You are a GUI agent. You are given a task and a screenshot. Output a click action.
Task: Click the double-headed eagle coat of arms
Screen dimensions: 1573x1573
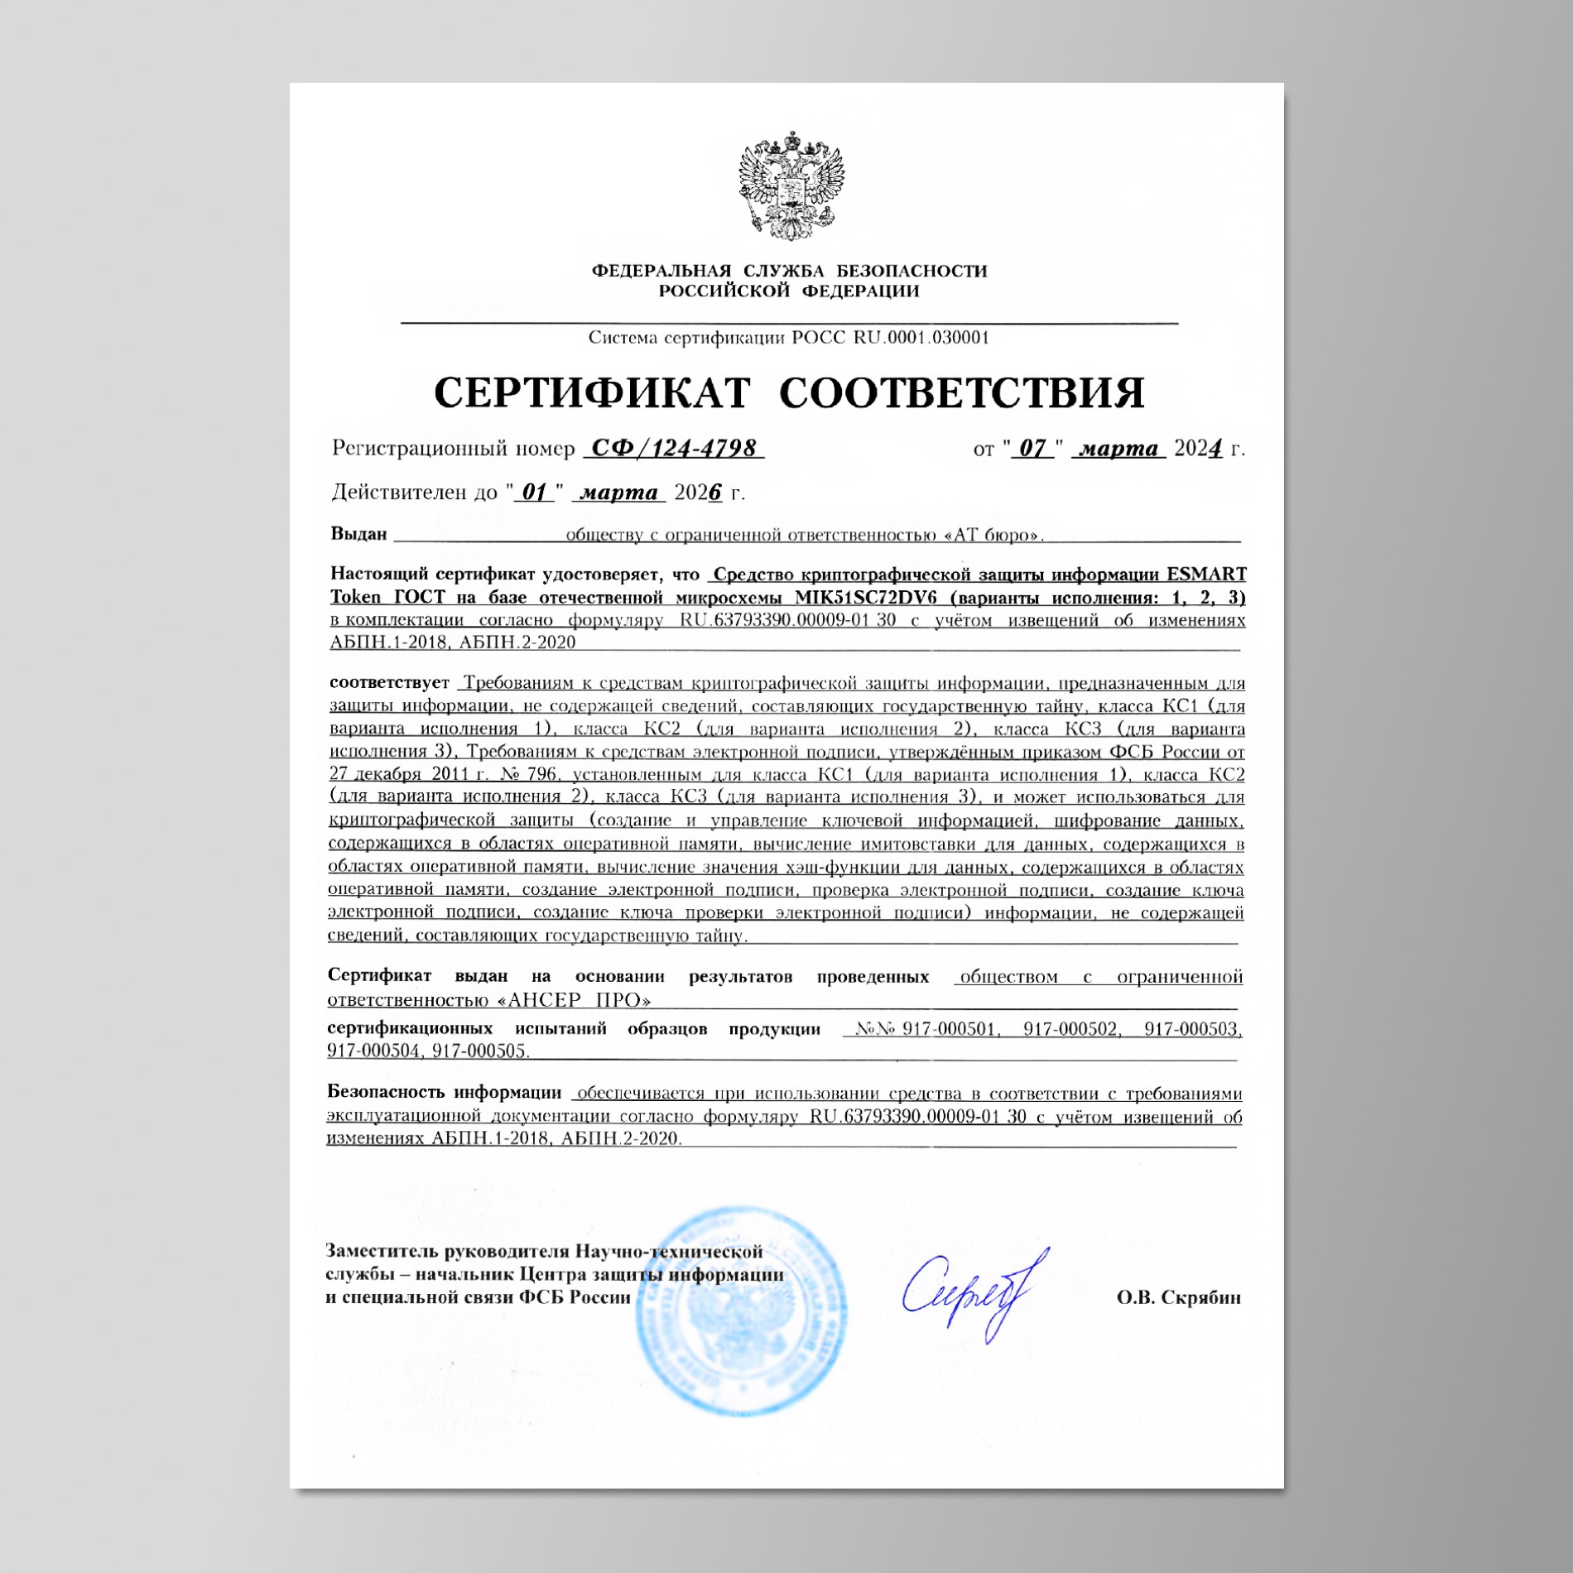tap(787, 185)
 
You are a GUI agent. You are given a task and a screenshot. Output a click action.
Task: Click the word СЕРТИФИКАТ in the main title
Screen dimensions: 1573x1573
tap(592, 392)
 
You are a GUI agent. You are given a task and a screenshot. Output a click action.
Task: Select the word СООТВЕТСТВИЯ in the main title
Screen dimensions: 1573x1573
tap(962, 392)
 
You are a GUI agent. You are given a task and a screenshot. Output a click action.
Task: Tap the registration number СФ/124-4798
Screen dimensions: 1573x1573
tap(673, 448)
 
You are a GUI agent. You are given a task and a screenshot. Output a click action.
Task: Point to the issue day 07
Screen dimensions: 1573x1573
tap(1032, 448)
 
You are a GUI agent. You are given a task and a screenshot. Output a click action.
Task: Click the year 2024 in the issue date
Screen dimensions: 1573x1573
tap(1198, 448)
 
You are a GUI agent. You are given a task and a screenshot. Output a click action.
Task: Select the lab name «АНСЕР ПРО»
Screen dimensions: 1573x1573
tap(574, 999)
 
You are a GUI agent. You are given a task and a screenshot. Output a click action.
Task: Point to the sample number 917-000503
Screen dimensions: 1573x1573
tap(1192, 1029)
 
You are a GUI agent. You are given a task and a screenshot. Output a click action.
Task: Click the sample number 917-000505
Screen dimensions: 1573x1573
tap(479, 1051)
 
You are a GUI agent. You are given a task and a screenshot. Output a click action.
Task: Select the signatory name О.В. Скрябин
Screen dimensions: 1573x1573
tap(1178, 1297)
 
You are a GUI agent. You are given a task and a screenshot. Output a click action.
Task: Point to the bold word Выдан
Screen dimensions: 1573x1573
tap(358, 534)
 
